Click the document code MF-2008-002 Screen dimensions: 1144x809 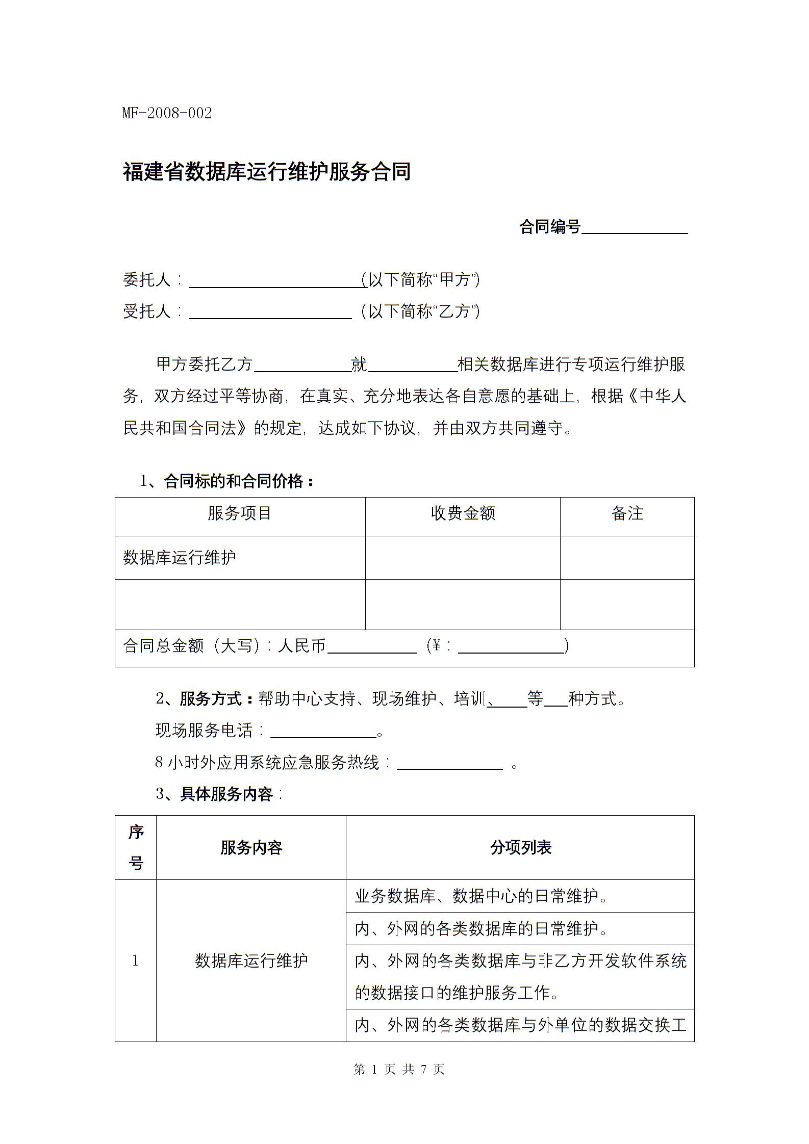pyautogui.click(x=167, y=113)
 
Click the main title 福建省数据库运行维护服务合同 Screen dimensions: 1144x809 pyautogui.click(x=267, y=172)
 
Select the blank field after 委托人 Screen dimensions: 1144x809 pyautogui.click(x=277, y=281)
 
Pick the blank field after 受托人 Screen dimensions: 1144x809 pyautogui.click(x=270, y=313)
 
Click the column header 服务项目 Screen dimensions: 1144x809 pyautogui.click(x=239, y=513)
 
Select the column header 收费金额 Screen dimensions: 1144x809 pyautogui.click(x=463, y=513)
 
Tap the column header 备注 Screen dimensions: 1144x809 pyautogui.click(x=627, y=513)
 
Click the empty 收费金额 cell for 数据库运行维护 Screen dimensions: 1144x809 pyautogui.click(x=463, y=557)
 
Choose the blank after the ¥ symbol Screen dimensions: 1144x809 pyautogui.click(x=511, y=646)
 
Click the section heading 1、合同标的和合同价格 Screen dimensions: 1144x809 pyautogui.click(x=226, y=481)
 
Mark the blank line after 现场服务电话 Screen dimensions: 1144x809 pyautogui.click(x=323, y=732)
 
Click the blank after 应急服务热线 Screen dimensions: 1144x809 pyautogui.click(x=449, y=763)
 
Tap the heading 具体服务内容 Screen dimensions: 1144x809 pyautogui.click(x=226, y=794)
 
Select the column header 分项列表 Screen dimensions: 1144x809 pyautogui.click(x=520, y=848)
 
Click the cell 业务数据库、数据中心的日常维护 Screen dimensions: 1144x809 pyautogui.click(x=481, y=896)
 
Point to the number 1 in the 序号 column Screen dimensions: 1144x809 pyautogui.click(x=135, y=961)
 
